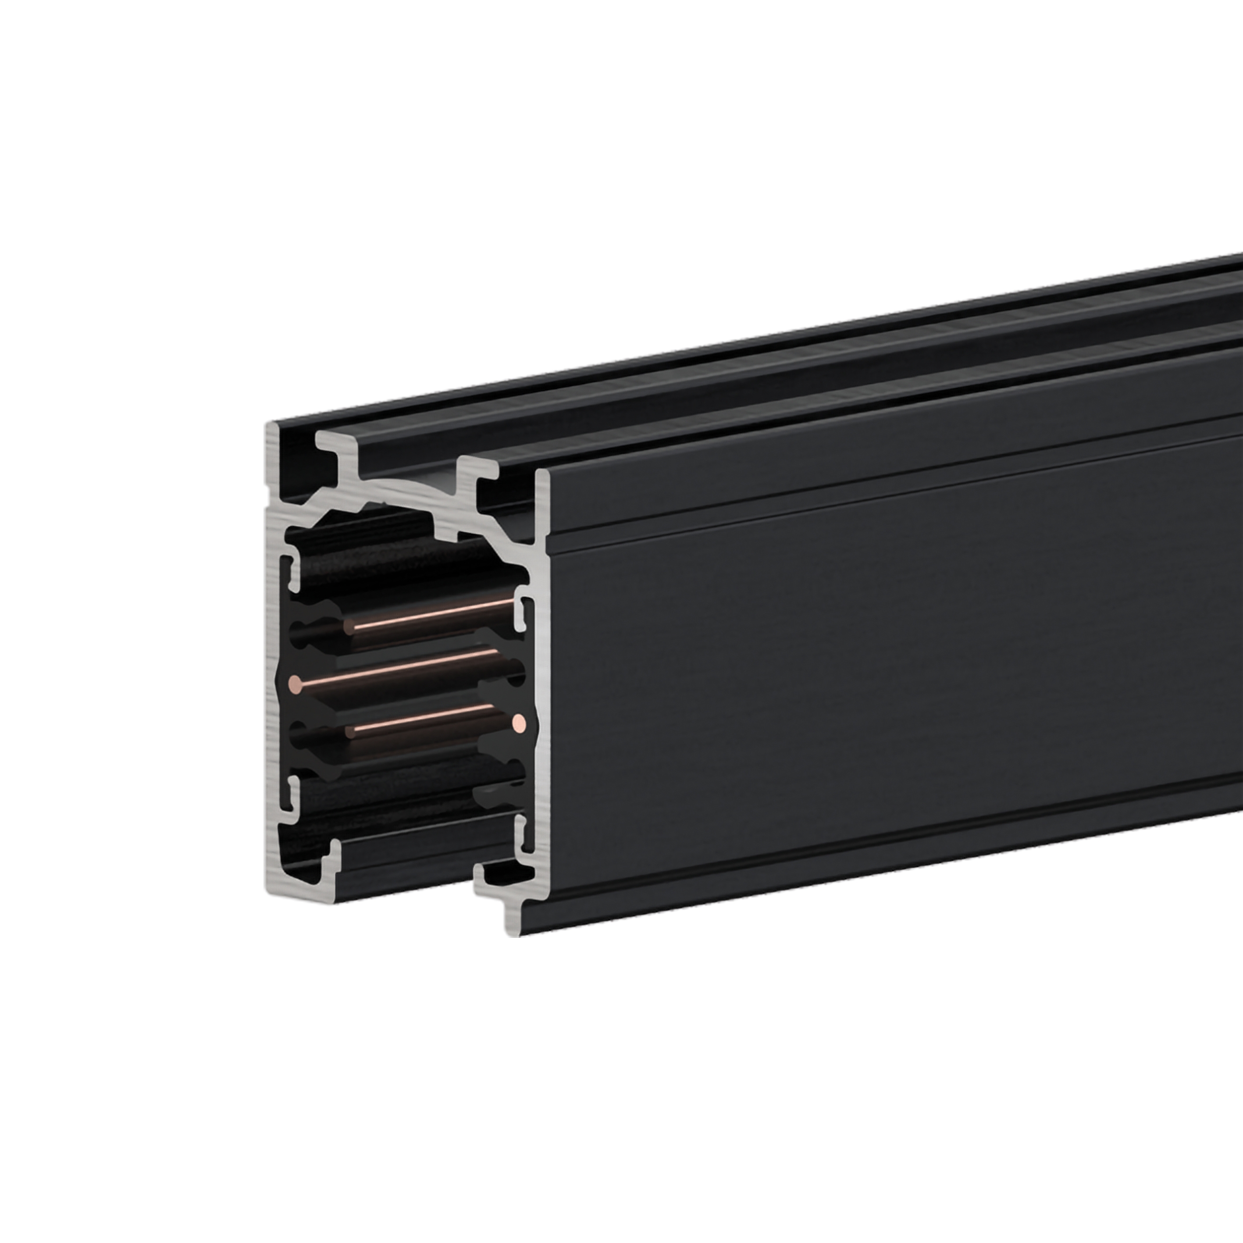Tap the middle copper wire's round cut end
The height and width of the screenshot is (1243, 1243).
tap(296, 684)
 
